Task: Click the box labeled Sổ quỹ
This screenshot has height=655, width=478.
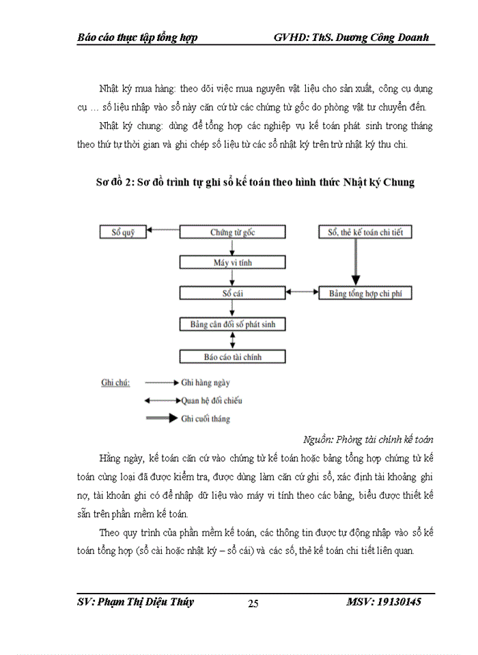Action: (124, 232)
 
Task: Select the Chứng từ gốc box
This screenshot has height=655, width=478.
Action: (233, 232)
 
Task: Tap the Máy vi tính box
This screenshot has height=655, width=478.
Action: (233, 263)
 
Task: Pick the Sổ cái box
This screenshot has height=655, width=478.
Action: (233, 293)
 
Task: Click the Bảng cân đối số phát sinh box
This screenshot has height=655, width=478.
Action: (233, 325)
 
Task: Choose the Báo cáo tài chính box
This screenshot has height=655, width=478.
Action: (233, 356)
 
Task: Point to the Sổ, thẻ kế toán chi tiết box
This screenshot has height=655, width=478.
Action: (365, 232)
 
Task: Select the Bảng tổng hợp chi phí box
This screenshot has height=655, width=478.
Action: (365, 293)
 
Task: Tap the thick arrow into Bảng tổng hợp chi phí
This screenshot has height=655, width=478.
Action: (355, 263)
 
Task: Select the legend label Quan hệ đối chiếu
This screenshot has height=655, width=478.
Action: (212, 401)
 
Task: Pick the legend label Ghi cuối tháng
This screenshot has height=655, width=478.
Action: (206, 418)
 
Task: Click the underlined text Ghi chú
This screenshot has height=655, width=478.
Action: (115, 383)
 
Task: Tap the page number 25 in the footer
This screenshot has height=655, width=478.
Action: (253, 603)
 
